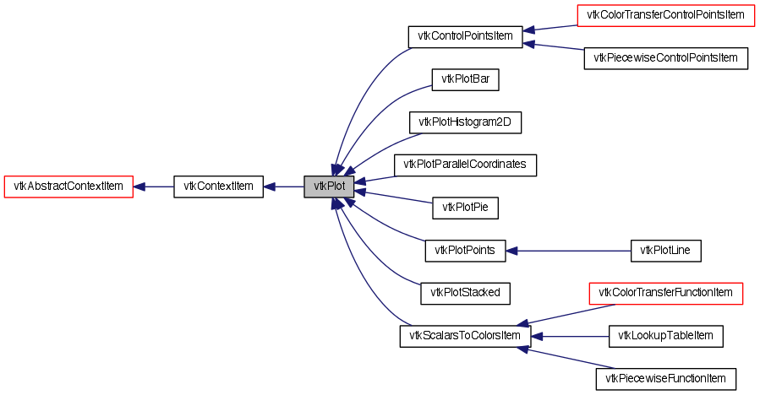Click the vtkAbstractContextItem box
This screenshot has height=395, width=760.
tap(69, 187)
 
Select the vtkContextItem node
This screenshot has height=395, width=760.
tap(218, 187)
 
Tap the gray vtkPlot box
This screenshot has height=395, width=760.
tap(329, 187)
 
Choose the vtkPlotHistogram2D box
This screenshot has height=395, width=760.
tap(466, 122)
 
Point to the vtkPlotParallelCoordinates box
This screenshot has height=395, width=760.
tap(466, 165)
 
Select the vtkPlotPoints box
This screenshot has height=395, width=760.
tap(465, 250)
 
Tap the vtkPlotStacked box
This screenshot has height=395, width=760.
tap(466, 293)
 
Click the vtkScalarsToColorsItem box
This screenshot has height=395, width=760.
tap(465, 336)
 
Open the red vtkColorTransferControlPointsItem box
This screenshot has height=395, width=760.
tap(664, 15)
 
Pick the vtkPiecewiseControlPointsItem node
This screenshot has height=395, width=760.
tap(666, 58)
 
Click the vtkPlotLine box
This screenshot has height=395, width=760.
tap(666, 250)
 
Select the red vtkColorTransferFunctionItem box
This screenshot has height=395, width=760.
tap(665, 293)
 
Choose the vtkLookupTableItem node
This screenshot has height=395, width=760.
tap(666, 336)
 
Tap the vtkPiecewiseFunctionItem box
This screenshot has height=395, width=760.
tap(666, 379)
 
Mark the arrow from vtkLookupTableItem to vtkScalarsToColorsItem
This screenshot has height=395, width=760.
tap(570, 336)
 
